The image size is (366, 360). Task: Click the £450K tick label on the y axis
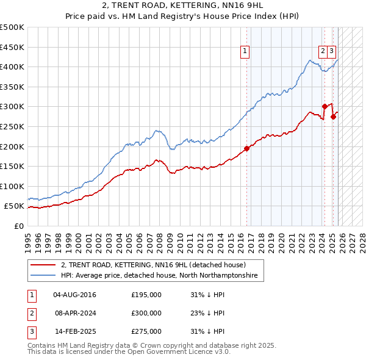click(x=12, y=47)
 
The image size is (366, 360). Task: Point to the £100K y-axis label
click(x=12, y=186)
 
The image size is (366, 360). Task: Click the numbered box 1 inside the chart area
click(x=245, y=52)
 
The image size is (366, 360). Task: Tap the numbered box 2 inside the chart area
click(x=322, y=52)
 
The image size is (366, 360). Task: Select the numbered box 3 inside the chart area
click(x=331, y=52)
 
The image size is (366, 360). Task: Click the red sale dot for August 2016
click(x=247, y=148)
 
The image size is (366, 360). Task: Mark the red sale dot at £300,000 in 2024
click(x=325, y=106)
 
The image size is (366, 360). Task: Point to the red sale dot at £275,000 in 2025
click(x=334, y=117)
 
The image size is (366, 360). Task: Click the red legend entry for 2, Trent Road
click(x=152, y=265)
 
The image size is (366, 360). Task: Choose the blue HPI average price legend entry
click(x=159, y=276)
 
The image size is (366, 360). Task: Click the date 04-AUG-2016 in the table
click(x=75, y=295)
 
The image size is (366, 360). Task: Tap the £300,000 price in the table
click(x=146, y=313)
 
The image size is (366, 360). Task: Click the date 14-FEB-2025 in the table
click(x=75, y=331)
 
